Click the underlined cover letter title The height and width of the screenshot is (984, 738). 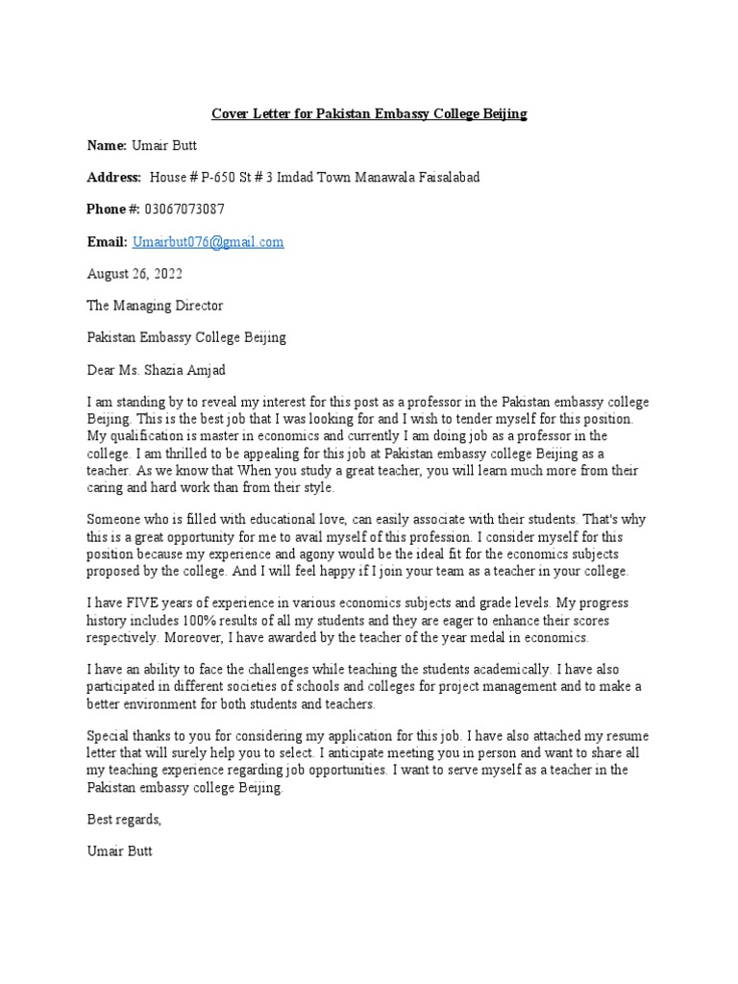click(369, 114)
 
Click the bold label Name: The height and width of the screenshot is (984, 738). click(107, 146)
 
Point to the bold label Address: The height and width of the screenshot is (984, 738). click(114, 178)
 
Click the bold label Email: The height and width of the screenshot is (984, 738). click(107, 242)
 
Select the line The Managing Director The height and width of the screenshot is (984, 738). click(155, 306)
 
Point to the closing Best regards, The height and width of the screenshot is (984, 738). click(124, 820)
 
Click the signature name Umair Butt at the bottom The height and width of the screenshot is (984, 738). click(119, 851)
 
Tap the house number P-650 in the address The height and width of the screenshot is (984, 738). click(215, 178)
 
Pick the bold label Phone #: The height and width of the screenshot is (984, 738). click(113, 209)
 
